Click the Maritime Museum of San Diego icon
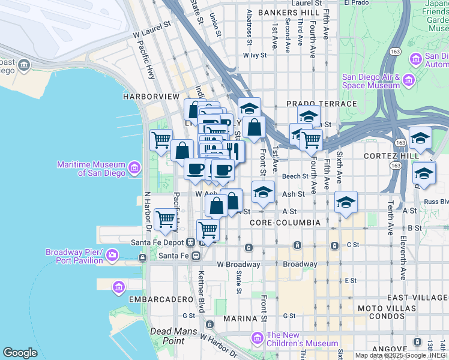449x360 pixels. coord(134,166)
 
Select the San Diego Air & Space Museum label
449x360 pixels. coord(370,81)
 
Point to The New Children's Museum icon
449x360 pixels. coord(258,339)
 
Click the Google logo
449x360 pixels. coord(20,353)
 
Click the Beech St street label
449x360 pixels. coord(296,176)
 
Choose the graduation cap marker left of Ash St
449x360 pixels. coord(262,192)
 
